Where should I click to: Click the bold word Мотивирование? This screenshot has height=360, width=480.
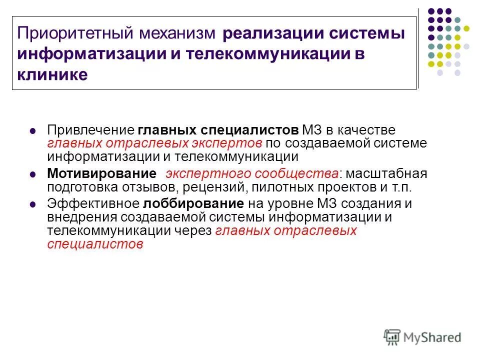tap(101, 174)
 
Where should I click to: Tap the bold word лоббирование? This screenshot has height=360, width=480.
tap(194, 204)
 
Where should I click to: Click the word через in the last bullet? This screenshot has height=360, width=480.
tap(195, 230)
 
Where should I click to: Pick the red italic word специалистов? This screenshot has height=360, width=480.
tap(95, 244)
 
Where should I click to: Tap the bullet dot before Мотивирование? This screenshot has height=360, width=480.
tap(32, 174)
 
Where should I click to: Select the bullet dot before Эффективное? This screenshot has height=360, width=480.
tap(32, 205)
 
